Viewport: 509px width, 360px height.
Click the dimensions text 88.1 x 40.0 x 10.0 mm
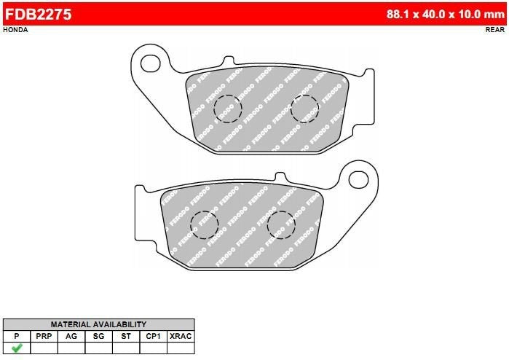(x=446, y=13)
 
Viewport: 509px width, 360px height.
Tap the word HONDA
(x=15, y=30)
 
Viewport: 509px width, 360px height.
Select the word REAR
(x=495, y=30)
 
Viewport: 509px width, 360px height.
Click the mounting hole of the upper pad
(x=151, y=61)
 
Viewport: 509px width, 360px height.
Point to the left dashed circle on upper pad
(x=228, y=109)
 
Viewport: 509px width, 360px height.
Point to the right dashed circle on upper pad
(x=304, y=109)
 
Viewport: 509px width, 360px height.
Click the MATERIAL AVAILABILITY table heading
(x=98, y=324)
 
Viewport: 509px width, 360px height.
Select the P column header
(x=16, y=336)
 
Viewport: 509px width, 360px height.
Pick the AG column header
(x=71, y=336)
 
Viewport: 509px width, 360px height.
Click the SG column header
(x=98, y=336)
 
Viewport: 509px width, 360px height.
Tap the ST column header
(x=126, y=336)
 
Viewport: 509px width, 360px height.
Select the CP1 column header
(x=153, y=336)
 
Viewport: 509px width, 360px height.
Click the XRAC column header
(x=181, y=336)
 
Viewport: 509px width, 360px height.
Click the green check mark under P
(x=16, y=348)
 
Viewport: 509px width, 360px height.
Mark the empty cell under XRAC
(x=181, y=348)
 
